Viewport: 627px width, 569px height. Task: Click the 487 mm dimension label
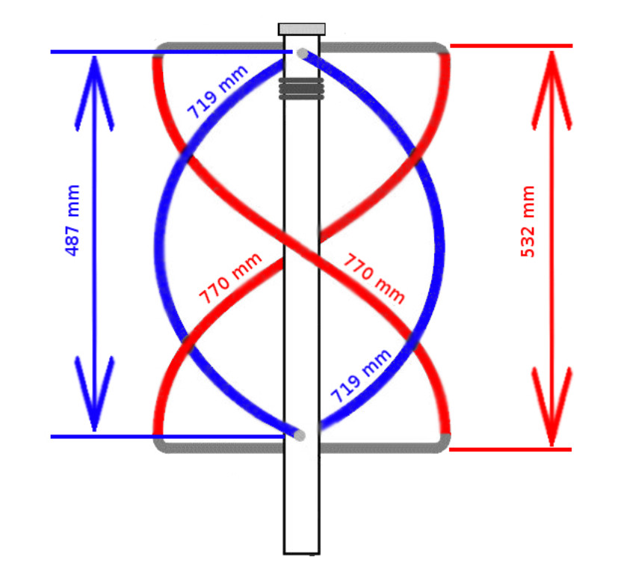(72, 220)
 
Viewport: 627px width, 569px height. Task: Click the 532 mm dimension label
(528, 221)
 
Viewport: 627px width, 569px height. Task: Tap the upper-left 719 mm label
(217, 92)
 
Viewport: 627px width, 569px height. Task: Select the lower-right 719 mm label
(361, 376)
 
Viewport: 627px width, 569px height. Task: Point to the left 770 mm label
(230, 278)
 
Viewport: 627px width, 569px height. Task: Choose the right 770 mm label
(374, 278)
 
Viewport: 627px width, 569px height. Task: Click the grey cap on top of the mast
(301, 29)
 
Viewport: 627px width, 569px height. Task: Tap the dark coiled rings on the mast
(301, 88)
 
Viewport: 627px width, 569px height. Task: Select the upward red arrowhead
(552, 90)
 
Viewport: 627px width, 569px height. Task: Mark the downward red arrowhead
(552, 407)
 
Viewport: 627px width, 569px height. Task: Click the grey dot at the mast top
(303, 53)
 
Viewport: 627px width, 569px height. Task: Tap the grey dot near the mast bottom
(300, 435)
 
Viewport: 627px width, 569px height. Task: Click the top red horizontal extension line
(511, 46)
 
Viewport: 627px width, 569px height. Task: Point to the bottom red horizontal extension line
(510, 450)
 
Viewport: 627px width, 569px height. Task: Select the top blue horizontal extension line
(172, 52)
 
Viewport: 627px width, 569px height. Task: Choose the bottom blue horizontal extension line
(167, 437)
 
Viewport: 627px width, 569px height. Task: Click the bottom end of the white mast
(301, 554)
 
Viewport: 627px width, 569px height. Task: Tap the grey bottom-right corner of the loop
(443, 444)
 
